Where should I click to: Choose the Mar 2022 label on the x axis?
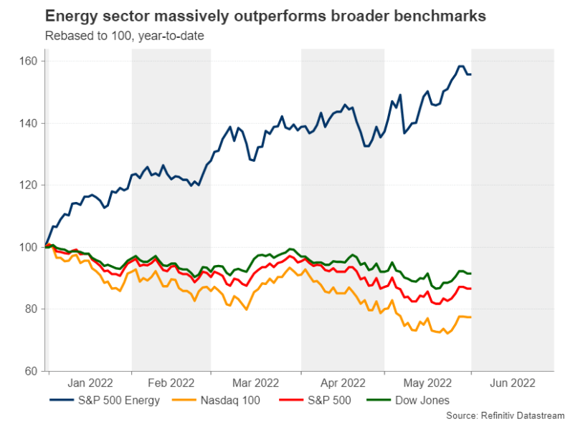256,383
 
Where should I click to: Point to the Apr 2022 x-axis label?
343,383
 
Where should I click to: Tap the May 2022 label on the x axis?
427,383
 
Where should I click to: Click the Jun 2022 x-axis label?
512,383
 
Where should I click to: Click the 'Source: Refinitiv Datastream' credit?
505,415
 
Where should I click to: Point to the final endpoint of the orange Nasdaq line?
470,317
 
